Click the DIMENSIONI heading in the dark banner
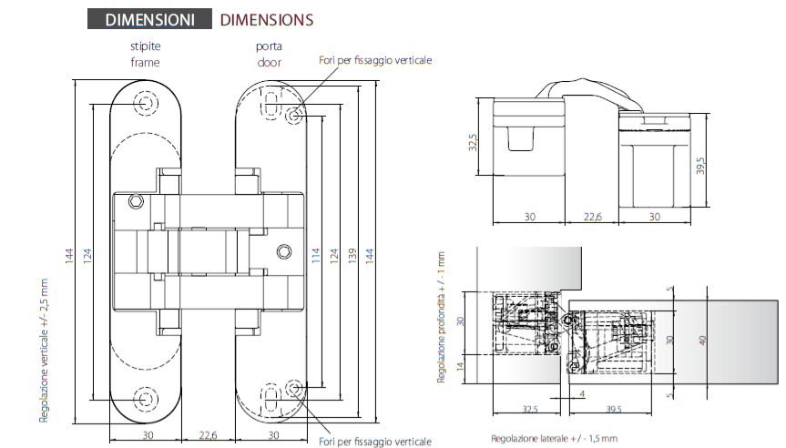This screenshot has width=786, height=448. point(149,19)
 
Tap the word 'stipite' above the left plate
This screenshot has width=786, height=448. point(146,46)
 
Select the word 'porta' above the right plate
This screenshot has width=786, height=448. point(268,46)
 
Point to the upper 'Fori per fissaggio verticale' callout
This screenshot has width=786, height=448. point(374,60)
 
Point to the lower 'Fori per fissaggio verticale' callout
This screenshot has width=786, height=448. point(374,441)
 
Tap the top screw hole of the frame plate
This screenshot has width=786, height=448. point(146,104)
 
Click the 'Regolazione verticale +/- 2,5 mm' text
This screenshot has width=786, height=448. point(44,350)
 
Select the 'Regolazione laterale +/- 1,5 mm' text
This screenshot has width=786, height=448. point(554,438)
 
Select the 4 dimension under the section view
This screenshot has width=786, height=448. point(582,394)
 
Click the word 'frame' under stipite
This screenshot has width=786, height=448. point(146,62)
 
